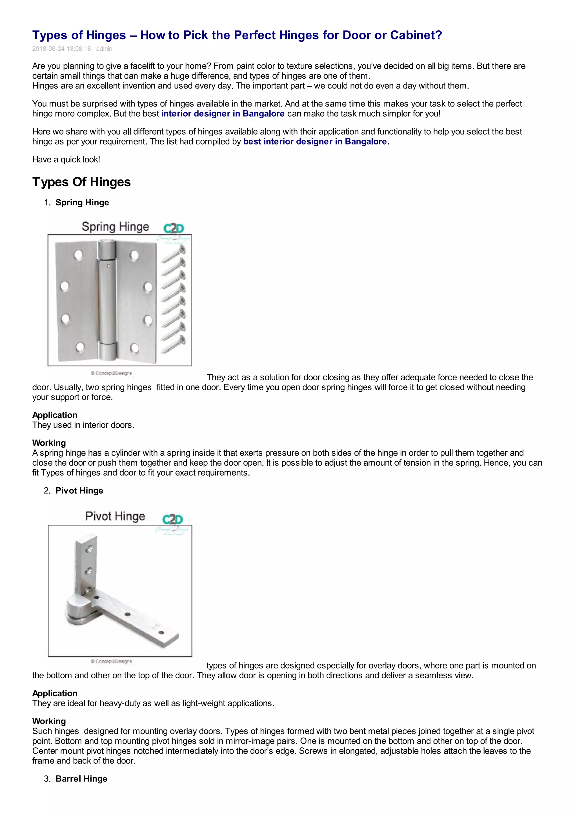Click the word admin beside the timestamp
click(x=104, y=49)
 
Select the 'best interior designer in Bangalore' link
click(x=315, y=141)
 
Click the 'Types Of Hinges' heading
click(x=81, y=182)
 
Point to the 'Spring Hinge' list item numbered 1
click(x=82, y=203)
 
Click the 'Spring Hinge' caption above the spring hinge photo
click(x=115, y=227)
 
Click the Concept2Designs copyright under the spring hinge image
click(x=111, y=373)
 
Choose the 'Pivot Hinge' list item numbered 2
click(x=79, y=491)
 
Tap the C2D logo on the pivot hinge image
click(x=173, y=519)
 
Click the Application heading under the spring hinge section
click(x=55, y=415)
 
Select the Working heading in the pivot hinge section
click(x=49, y=721)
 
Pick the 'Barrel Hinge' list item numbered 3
click(x=81, y=779)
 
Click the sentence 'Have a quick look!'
click(x=66, y=159)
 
